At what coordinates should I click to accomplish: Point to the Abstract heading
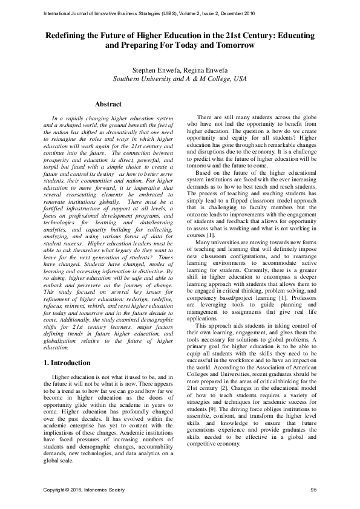click(x=108, y=105)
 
